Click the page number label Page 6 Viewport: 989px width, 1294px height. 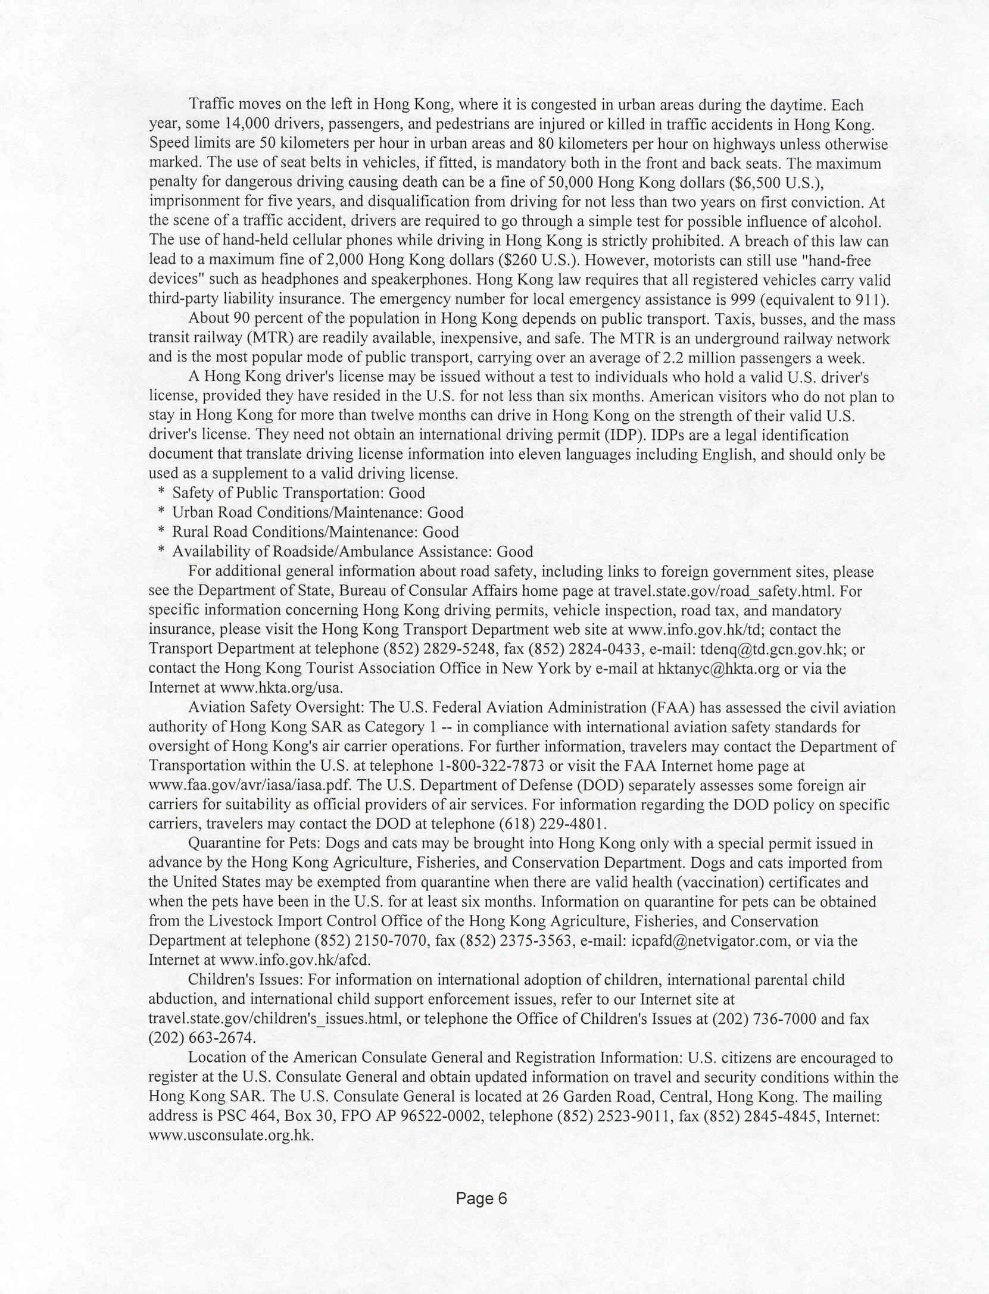[481, 1198]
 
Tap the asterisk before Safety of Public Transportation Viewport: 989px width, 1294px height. [161, 493]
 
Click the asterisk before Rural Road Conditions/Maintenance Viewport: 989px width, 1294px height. [161, 532]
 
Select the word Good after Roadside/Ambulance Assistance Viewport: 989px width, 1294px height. [515, 552]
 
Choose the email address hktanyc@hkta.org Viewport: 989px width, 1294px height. [719, 668]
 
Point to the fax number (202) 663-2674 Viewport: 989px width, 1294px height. [202, 1038]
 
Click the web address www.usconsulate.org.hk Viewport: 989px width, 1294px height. [230, 1135]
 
